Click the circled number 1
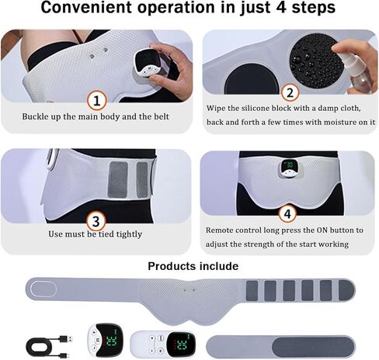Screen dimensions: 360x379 (x=96, y=100)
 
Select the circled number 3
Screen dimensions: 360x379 (x=96, y=220)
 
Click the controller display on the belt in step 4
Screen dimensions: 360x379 (x=288, y=169)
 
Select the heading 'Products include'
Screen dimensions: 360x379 (x=193, y=266)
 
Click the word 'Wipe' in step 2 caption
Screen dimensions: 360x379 (x=220, y=109)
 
